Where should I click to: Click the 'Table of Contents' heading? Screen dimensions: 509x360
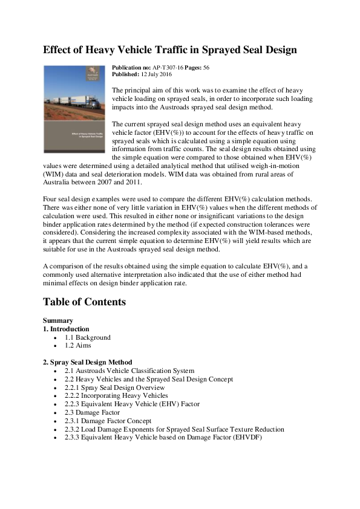tap(84, 301)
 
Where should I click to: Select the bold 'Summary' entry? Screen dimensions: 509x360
tap(58, 320)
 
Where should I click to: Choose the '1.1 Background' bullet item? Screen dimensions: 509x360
tap(88, 337)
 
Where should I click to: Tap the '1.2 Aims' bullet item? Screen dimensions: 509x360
tap(79, 345)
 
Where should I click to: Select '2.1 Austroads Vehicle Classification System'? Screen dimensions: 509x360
tap(129, 371)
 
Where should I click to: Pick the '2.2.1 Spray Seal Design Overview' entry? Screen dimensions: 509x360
tap(114, 387)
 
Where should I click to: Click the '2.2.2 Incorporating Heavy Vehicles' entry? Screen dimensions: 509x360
tap(116, 395)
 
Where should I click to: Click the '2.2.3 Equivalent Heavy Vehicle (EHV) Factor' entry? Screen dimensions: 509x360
tap(132, 404)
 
